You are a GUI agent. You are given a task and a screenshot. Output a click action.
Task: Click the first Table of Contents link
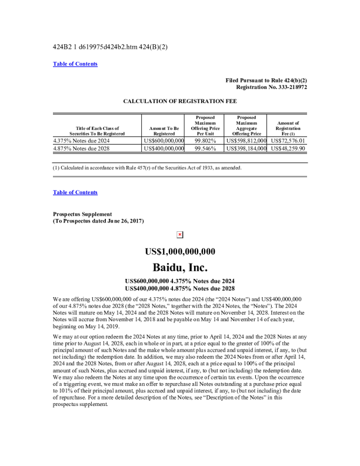pyautogui.click(x=75, y=64)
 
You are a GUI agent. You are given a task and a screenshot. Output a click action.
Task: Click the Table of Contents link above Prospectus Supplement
pyautogui.click(x=75, y=192)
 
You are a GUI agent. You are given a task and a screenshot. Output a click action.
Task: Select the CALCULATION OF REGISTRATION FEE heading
pyautogui.click(x=179, y=101)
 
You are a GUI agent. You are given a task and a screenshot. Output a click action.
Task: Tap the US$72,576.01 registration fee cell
pyautogui.click(x=288, y=141)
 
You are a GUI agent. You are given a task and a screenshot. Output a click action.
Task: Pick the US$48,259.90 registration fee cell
pyautogui.click(x=288, y=149)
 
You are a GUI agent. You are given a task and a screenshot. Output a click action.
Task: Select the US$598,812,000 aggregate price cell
pyautogui.click(x=246, y=141)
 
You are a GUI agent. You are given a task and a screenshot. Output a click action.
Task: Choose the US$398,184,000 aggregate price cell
pyautogui.click(x=246, y=149)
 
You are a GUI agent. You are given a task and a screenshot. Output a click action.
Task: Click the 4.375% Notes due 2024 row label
pyautogui.click(x=82, y=141)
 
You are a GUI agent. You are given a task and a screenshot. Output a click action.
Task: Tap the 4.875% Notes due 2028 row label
pyautogui.click(x=82, y=149)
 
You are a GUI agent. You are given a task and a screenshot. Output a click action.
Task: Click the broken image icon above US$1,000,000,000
pyautogui.click(x=180, y=235)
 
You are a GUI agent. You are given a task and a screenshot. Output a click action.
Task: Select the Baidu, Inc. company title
pyautogui.click(x=180, y=268)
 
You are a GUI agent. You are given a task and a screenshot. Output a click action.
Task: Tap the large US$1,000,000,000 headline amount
pyautogui.click(x=180, y=252)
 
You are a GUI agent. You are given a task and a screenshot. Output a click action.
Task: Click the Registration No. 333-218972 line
pyautogui.click(x=271, y=87)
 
